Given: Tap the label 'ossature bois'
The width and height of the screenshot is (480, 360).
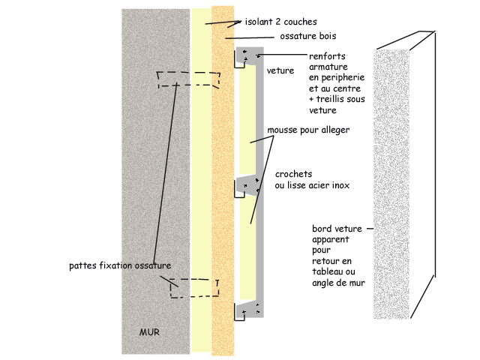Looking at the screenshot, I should (307, 35).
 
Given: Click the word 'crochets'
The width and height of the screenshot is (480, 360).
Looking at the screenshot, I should (294, 174).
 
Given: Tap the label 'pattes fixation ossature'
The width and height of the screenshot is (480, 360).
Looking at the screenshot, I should (120, 265).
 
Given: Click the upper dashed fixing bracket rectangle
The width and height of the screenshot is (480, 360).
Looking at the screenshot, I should (188, 80).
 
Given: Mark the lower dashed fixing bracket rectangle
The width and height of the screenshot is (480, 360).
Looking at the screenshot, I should (193, 287).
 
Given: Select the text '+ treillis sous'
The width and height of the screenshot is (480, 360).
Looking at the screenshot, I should (335, 100).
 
